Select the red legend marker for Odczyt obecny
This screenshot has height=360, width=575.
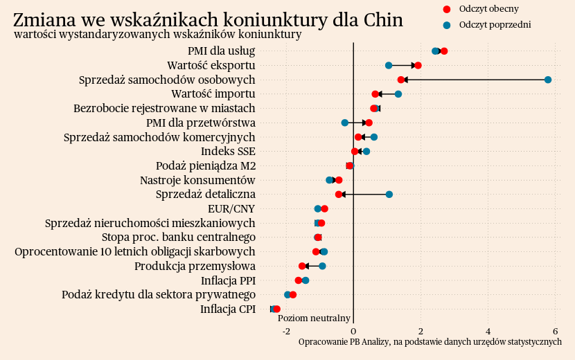(x=446, y=9)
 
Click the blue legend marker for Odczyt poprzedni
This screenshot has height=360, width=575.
(x=446, y=25)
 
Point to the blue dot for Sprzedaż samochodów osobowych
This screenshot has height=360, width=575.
(x=548, y=80)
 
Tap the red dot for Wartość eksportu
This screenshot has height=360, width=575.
(x=418, y=65)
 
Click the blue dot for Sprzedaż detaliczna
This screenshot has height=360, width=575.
(x=389, y=195)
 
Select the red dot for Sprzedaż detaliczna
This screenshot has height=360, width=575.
(x=338, y=195)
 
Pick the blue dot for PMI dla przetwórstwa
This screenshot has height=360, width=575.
(x=345, y=123)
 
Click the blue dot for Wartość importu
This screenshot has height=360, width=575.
(x=398, y=94)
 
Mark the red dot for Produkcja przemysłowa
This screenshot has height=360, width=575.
(x=302, y=266)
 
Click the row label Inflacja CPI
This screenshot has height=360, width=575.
(x=228, y=309)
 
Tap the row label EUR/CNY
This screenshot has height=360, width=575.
(x=231, y=208)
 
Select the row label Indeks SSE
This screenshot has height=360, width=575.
(x=228, y=151)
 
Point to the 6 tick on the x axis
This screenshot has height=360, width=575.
(x=556, y=331)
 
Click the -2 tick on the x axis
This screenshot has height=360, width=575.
(x=286, y=331)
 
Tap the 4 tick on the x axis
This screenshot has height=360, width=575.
(x=488, y=331)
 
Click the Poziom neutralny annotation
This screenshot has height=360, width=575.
(x=314, y=318)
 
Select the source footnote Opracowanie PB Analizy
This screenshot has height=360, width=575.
(x=430, y=341)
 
